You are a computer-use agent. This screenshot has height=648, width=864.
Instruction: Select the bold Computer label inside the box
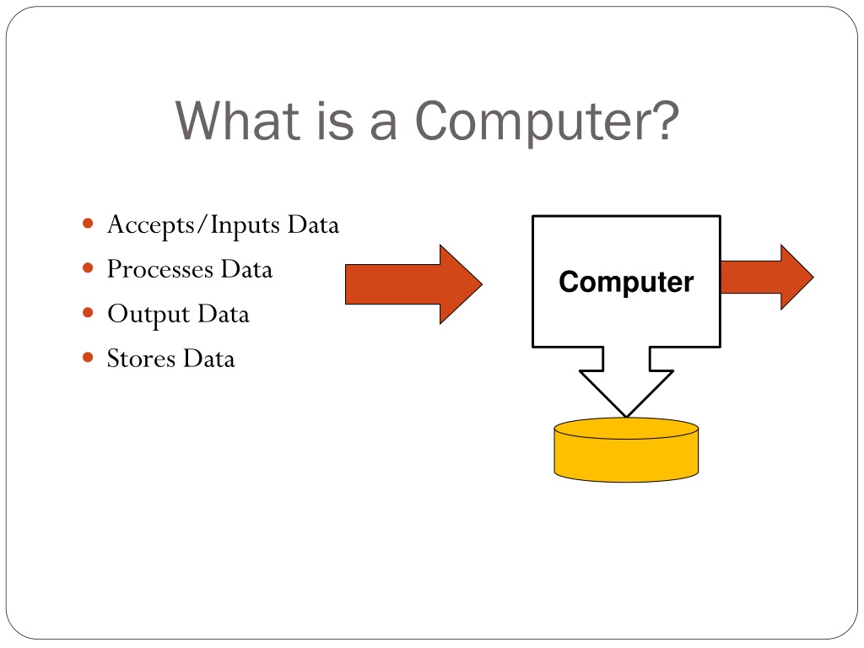(x=626, y=282)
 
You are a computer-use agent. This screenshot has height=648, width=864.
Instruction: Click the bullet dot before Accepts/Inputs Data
(x=89, y=224)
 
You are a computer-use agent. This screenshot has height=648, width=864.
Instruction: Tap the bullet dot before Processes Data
(x=89, y=268)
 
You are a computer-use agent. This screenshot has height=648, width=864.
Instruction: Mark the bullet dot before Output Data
(x=89, y=313)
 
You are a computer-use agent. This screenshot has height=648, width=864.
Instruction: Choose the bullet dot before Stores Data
(x=89, y=358)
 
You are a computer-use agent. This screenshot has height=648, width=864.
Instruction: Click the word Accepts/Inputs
(x=193, y=226)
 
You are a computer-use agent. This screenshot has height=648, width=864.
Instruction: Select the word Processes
(x=159, y=270)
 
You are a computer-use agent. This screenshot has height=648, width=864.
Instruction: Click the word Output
(x=148, y=315)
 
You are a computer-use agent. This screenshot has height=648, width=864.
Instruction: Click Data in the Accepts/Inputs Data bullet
(x=312, y=225)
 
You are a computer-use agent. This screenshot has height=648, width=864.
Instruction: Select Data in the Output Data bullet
(x=224, y=314)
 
